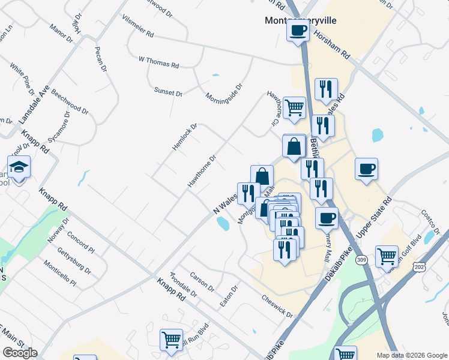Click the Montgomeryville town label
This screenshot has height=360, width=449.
[301, 20]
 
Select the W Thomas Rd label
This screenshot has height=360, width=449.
[158, 61]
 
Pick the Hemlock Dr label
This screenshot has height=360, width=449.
[185, 137]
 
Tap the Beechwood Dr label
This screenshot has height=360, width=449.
[70, 103]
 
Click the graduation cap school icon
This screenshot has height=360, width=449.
[19, 167]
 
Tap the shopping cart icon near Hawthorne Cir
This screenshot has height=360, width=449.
[294, 108]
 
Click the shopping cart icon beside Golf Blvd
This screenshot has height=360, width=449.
[387, 256]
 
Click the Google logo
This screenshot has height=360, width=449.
[20, 353]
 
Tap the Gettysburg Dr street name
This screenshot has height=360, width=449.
[79, 262]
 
